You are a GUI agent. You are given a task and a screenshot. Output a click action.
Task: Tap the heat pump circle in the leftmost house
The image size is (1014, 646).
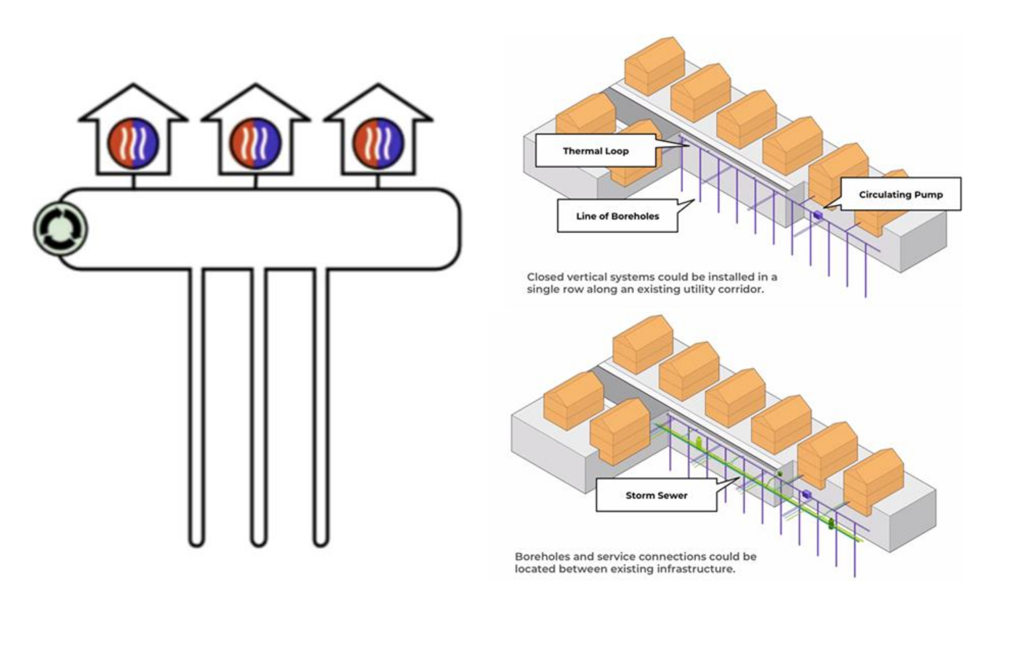pyautogui.click(x=134, y=143)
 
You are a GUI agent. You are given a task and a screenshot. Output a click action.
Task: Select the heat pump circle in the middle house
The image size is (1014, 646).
pyautogui.click(x=256, y=143)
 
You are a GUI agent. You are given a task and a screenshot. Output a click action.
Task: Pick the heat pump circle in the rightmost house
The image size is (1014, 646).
pyautogui.click(x=378, y=143)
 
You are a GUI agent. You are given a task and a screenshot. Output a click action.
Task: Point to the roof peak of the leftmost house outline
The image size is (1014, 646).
pyautogui.click(x=134, y=85)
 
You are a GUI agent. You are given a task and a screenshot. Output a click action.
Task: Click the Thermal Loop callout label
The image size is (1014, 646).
pyautogui.click(x=596, y=151)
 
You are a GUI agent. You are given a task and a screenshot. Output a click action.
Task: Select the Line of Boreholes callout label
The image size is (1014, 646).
pyautogui.click(x=617, y=216)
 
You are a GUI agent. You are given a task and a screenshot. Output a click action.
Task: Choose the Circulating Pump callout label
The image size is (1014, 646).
pyautogui.click(x=901, y=195)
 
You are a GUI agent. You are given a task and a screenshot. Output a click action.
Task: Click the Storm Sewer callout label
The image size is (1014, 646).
pyautogui.click(x=656, y=495)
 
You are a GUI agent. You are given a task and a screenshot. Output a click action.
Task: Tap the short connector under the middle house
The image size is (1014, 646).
pyautogui.click(x=256, y=182)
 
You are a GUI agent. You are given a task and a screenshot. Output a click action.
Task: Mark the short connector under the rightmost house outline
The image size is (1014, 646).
pyautogui.click(x=378, y=182)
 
